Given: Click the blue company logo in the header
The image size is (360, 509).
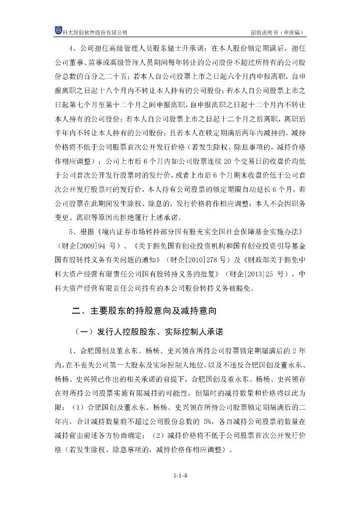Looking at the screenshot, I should pos(58,31).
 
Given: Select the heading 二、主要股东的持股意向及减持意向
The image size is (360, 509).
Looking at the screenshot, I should pos(144,312).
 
